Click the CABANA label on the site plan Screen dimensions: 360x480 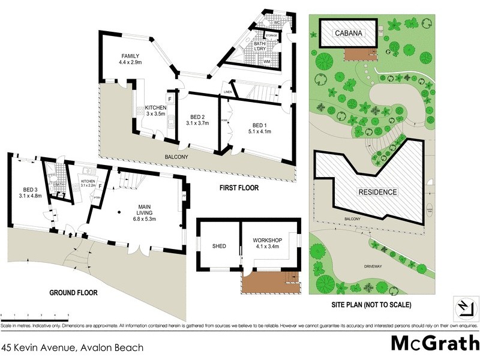(349, 34)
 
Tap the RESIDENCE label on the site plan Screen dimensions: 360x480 (378, 192)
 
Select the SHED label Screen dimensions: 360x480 (218, 245)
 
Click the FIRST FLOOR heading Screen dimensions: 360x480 (238, 188)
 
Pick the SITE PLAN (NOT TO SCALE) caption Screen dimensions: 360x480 (371, 305)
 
